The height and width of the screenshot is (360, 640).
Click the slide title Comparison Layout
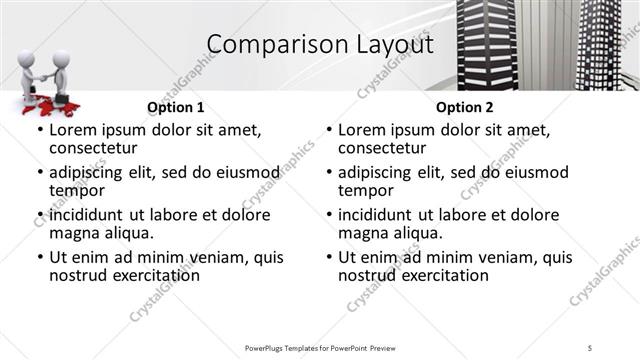click(x=320, y=45)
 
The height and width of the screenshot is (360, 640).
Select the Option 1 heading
click(x=175, y=107)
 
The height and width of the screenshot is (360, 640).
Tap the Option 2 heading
click(x=464, y=107)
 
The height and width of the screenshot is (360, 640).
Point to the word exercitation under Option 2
click(x=442, y=275)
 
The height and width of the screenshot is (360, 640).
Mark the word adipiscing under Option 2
click(x=377, y=172)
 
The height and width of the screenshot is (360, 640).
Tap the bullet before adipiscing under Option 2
click(x=329, y=172)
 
